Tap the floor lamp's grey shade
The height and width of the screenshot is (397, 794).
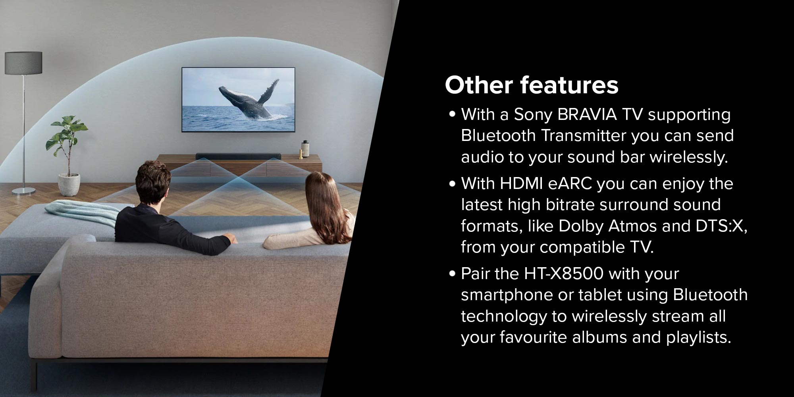pos(23,63)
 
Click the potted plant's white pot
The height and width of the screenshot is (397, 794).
pos(69,183)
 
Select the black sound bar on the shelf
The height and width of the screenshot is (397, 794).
pos(239,156)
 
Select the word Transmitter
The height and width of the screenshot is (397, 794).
pos(583,136)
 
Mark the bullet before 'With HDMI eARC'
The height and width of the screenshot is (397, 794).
pos(452,184)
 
